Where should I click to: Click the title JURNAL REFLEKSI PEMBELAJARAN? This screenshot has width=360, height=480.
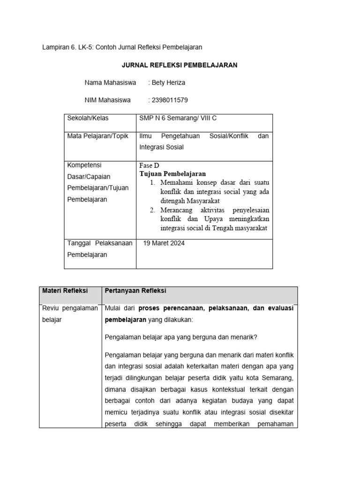(x=180, y=65)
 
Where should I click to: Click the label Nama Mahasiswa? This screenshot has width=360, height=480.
(x=110, y=82)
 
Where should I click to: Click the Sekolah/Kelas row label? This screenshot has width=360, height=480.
(x=88, y=119)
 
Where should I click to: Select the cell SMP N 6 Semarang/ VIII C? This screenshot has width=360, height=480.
(x=178, y=119)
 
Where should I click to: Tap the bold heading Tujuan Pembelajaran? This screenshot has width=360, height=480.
(x=172, y=174)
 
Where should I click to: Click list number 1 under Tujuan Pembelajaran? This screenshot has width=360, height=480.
(x=153, y=182)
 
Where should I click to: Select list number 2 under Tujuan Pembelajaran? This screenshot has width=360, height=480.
(x=153, y=210)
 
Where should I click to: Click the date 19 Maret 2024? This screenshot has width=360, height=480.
(x=165, y=243)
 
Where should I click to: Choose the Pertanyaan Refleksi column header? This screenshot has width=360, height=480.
(x=135, y=291)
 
